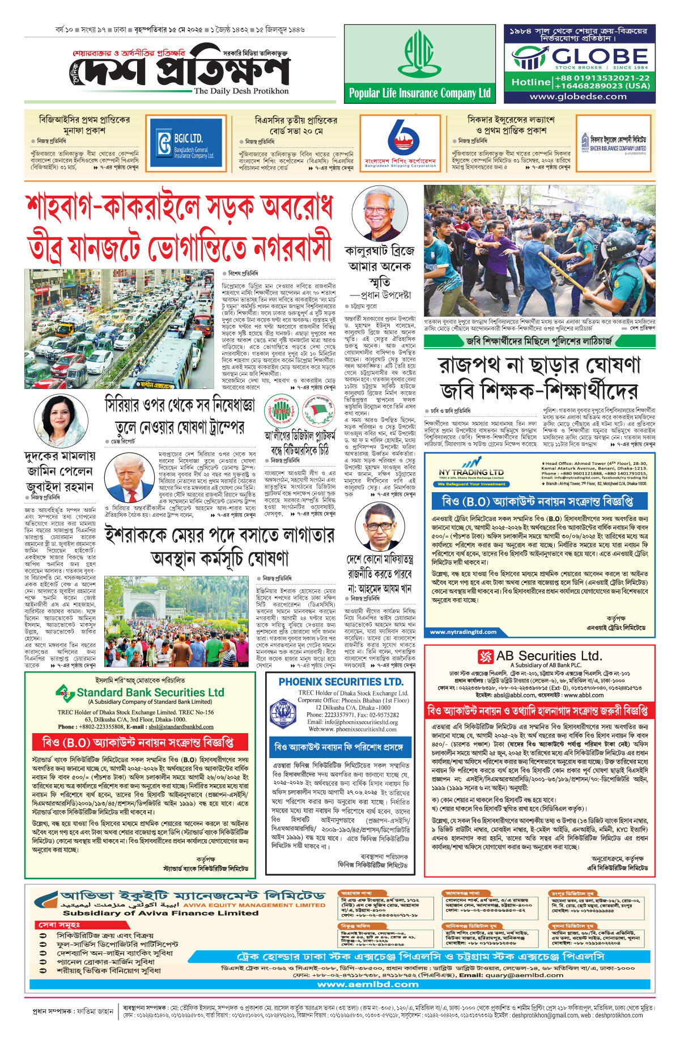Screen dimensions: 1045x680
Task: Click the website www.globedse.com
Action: coord(578,96)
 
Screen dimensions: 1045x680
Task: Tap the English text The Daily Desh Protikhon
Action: coord(241,91)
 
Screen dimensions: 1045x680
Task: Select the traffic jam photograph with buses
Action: coord(120,329)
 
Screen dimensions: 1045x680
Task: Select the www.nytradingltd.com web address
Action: coord(463,632)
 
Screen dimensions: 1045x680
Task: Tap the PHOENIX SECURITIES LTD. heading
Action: coord(341,682)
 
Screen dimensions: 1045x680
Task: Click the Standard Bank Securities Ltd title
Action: coord(150,692)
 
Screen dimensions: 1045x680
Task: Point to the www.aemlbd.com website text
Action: coord(368,984)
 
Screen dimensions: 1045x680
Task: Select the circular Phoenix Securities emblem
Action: coord(283,713)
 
